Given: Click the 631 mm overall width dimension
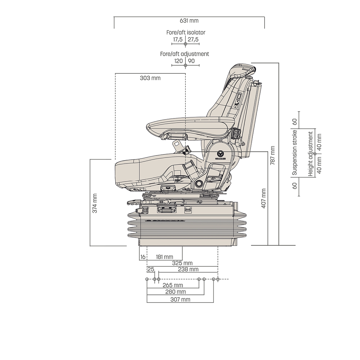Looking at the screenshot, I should tap(189, 21).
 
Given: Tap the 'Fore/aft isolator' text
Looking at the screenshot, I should tap(186, 32).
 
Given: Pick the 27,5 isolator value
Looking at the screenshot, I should tap(193, 39).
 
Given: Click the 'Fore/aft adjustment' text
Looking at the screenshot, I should tap(184, 54).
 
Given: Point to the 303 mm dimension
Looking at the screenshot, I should tap(150, 78).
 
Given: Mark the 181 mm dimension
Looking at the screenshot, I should tap(165, 257).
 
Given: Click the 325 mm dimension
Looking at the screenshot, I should tap(183, 263).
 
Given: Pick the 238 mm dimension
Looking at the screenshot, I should tap(188, 269).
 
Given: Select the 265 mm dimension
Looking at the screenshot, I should tap(173, 285).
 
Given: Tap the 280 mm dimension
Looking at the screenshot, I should tap(176, 292).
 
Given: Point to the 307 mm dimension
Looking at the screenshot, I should tap(180, 299).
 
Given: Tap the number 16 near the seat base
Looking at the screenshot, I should tap(143, 257).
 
